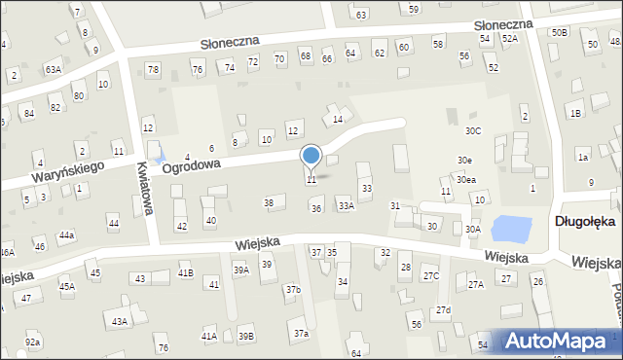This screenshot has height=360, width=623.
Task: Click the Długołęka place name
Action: coord(584,221)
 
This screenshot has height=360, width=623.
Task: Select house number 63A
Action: coord(53,70)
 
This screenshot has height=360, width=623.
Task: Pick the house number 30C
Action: coord(473,130)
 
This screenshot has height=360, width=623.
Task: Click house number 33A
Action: coord(346,206)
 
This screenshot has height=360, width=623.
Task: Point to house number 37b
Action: coord(293,290)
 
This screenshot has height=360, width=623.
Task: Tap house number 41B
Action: coord(185,273)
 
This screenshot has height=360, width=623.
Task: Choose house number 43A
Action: coord(119,321)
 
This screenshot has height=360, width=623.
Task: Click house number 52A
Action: coord(510,38)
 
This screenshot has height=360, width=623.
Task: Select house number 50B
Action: coord(559,32)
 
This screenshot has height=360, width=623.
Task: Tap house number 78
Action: coord(153,69)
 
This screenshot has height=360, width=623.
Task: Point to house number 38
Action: coord(269,202)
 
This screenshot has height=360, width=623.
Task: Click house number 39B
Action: coord(246,336)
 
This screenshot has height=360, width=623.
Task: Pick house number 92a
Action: coord(33,342)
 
